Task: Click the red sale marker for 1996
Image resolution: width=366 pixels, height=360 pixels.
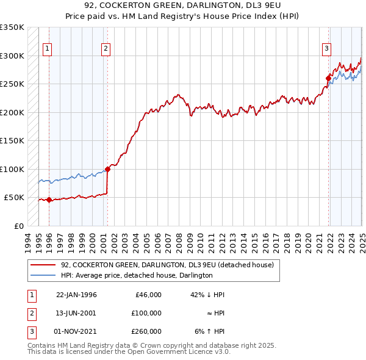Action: tap(49, 200)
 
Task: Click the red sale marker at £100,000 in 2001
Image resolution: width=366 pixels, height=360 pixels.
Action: tap(107, 169)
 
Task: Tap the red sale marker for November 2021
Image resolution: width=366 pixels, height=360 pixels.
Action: tap(328, 78)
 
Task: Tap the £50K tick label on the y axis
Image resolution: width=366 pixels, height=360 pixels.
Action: tap(15, 198)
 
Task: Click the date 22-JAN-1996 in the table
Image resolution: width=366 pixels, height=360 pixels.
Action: tap(76, 295)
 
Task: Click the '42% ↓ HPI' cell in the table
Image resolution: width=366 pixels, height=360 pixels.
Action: tap(207, 295)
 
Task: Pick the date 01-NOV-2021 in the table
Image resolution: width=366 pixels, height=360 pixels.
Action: tap(76, 331)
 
